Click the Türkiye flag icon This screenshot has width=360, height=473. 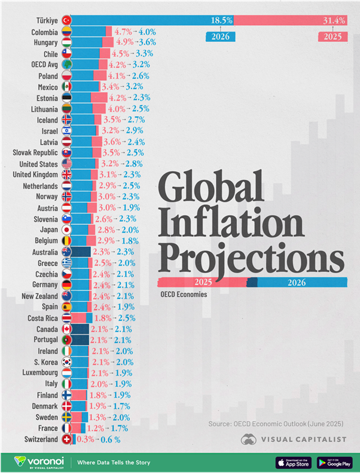[67, 20]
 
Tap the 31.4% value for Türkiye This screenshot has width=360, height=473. [334, 20]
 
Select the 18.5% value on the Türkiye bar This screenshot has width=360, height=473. [221, 20]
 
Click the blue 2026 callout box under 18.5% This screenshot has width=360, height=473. [221, 36]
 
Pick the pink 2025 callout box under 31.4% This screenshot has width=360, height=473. [332, 36]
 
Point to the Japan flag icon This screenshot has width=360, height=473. [67, 229]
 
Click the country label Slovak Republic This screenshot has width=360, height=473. [35, 152]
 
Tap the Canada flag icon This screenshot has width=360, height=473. [67, 329]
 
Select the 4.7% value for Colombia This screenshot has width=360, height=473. [123, 32]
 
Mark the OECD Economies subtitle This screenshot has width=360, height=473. [183, 294]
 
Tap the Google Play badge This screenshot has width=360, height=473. [334, 462]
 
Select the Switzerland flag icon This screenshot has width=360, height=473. [67, 440]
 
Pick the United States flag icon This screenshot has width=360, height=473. [67, 163]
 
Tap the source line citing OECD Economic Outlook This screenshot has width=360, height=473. [276, 424]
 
